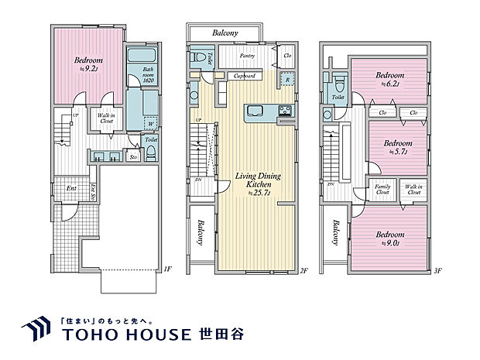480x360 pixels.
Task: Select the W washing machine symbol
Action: coord(150,122)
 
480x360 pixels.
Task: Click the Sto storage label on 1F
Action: coord(133,157)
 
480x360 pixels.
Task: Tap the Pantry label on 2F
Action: coord(248,57)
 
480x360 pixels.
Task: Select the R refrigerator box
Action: coord(286,79)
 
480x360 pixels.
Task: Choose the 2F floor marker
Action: coord(304,272)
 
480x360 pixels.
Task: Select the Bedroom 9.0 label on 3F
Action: coord(389,238)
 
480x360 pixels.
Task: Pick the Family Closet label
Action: coord(382,190)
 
